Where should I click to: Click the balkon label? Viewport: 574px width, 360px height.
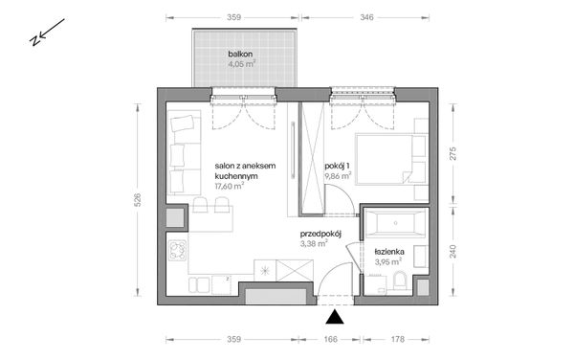coord(239,55)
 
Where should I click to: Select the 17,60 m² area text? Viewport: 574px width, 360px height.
coord(230,187)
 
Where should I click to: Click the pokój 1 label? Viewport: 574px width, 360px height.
coord(338,165)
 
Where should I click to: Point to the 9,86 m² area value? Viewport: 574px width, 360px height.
coord(338,176)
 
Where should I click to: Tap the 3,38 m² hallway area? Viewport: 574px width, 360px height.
coord(315,244)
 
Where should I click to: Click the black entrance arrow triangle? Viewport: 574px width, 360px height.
coord(335,319)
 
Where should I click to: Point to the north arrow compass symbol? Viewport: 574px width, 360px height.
coord(45,34)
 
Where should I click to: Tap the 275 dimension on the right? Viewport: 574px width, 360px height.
coord(455,151)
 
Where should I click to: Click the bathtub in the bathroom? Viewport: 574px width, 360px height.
coord(394,225)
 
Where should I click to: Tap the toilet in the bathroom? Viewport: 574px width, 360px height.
coord(400,281)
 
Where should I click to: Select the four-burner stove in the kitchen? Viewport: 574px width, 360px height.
coord(177,252)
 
